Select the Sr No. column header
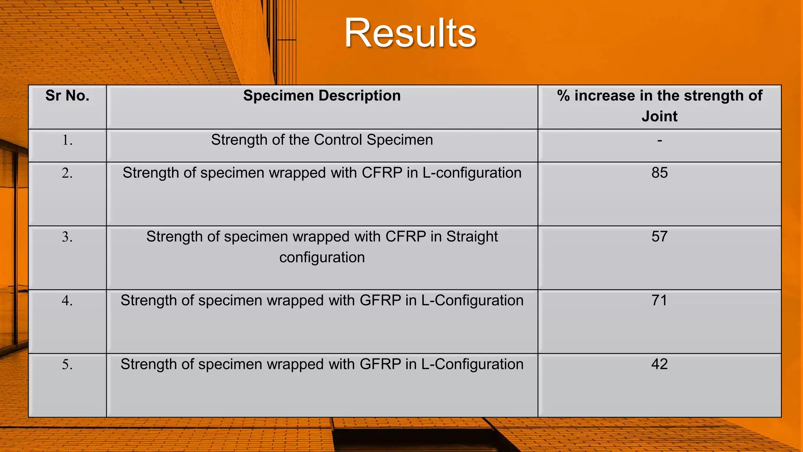67,96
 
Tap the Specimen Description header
322,96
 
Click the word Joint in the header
659,117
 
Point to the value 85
659,173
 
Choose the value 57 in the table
659,237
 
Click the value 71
659,301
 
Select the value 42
659,365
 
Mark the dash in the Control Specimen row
659,140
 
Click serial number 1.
67,140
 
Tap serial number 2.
67,173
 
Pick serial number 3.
67,237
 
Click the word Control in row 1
338,140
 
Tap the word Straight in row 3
472,237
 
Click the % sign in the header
563,96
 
